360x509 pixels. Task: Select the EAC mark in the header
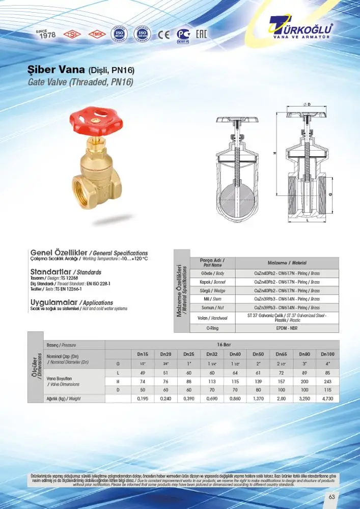point(201,35)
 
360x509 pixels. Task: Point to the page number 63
point(331,497)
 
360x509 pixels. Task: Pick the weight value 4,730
point(327,399)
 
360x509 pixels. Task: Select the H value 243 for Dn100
point(327,381)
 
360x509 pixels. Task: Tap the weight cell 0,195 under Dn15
point(142,399)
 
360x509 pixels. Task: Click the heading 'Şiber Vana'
point(56,70)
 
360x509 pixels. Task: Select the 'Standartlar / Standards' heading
point(66,272)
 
